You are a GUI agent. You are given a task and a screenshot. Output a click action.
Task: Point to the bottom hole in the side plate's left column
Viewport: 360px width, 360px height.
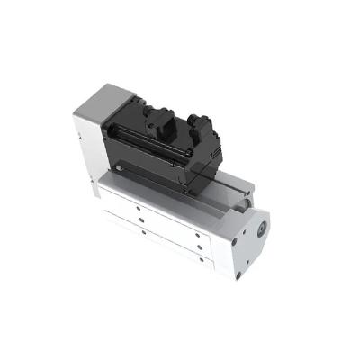(143, 233)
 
